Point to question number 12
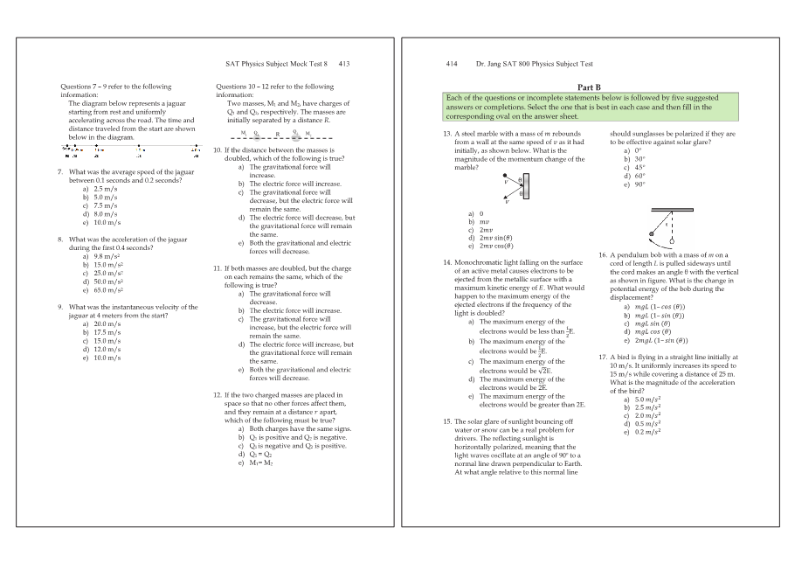click(x=218, y=395)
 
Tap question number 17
click(x=603, y=357)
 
